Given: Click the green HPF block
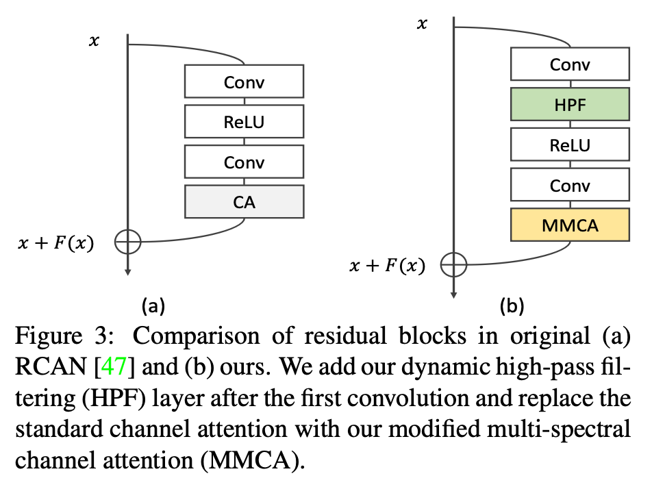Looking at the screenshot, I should point(569,105).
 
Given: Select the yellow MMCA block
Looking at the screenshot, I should point(569,225).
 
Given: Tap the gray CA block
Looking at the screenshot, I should point(244,202).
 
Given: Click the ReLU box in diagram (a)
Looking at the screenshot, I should point(244,123).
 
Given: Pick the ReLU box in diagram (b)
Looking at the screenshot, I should point(569,145).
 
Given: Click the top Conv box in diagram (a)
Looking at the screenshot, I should point(244,82).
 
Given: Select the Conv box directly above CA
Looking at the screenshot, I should point(244,162).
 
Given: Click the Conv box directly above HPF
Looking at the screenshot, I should point(569,65).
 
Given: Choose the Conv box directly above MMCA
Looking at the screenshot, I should point(569,185).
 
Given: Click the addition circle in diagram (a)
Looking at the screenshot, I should point(128,241).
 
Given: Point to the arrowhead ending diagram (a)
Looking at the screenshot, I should point(128,272).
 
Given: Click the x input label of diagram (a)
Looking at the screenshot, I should point(95,41).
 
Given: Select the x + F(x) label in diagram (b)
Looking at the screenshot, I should point(387,266).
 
